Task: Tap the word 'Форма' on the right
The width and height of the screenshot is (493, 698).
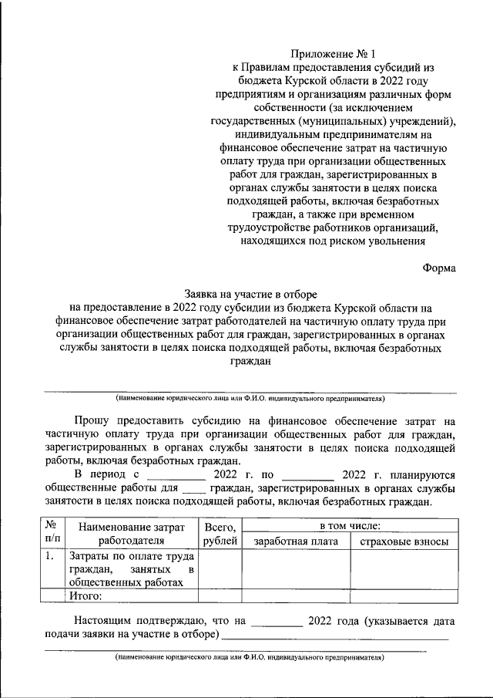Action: (x=439, y=268)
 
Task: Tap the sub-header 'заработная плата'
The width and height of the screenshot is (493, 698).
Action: (x=296, y=541)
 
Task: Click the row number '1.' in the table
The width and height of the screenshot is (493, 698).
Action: (x=49, y=555)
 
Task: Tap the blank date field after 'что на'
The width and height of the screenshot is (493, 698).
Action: (x=277, y=622)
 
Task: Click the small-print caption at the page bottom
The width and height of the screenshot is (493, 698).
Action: (x=250, y=658)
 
